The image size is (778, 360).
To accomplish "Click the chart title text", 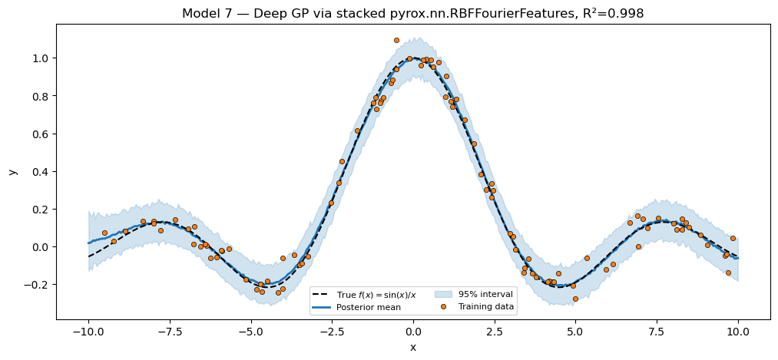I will pos(412,14).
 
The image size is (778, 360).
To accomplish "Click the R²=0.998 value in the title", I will pos(612,14).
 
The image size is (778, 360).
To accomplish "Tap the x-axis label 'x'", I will pos(413,348).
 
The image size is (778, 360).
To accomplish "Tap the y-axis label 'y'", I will pos(12,171).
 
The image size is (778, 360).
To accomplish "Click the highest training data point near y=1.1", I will pos(396,40).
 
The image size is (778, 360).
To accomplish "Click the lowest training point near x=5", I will pos(575,299).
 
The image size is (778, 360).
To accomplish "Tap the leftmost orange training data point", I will pos(104,233).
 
